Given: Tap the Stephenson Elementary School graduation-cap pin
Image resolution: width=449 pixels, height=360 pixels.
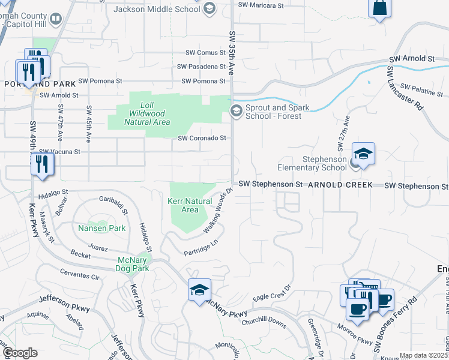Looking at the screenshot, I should [363, 155].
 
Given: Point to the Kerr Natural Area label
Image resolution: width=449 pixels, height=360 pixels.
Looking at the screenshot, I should [190, 206].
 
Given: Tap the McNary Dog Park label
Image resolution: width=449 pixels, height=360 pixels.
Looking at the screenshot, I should [133, 264].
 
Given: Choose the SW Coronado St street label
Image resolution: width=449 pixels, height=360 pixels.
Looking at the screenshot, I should [202, 138].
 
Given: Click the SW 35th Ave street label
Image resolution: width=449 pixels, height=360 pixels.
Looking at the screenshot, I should [232, 54].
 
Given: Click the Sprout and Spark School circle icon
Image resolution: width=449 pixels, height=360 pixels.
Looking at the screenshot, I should [237, 110].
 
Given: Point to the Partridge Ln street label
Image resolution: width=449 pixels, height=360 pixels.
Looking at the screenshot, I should [200, 249].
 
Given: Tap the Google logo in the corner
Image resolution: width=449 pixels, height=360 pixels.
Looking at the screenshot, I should [20, 353].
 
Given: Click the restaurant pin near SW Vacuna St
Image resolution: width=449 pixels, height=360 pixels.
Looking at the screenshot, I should [41, 164].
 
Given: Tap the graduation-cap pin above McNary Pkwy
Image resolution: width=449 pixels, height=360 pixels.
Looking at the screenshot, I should [199, 290].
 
